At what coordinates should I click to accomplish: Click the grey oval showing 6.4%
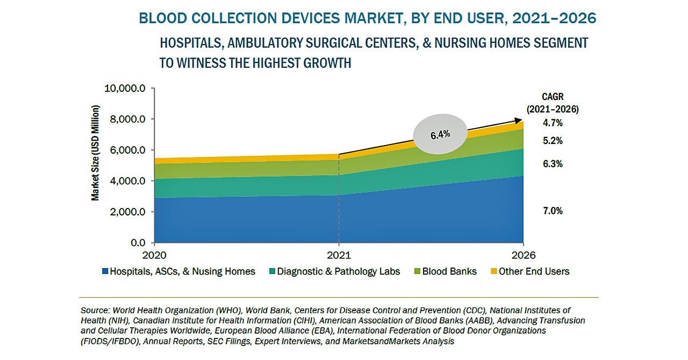tap(440, 134)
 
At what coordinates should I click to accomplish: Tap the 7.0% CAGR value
tap(552, 211)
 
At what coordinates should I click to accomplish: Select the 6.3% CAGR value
tap(552, 164)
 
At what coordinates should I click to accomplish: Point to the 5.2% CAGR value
tap(552, 141)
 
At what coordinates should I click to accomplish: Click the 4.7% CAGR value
tap(552, 123)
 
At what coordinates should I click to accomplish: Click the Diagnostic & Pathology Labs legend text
tap(339, 272)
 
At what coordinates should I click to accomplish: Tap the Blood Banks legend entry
tap(449, 272)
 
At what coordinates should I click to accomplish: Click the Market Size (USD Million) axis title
tap(95, 153)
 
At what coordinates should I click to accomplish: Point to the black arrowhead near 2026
tap(519, 121)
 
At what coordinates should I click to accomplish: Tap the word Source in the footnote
tap(95, 311)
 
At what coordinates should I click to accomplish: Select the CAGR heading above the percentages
tap(553, 97)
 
